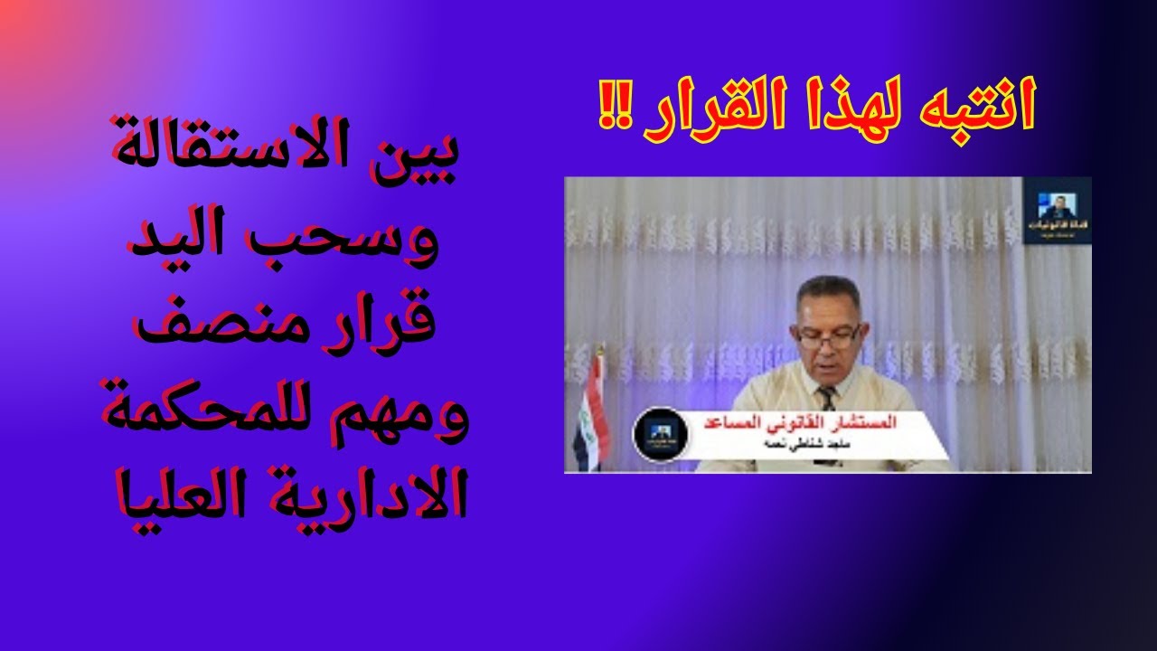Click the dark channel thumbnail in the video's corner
tap(1058, 211)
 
